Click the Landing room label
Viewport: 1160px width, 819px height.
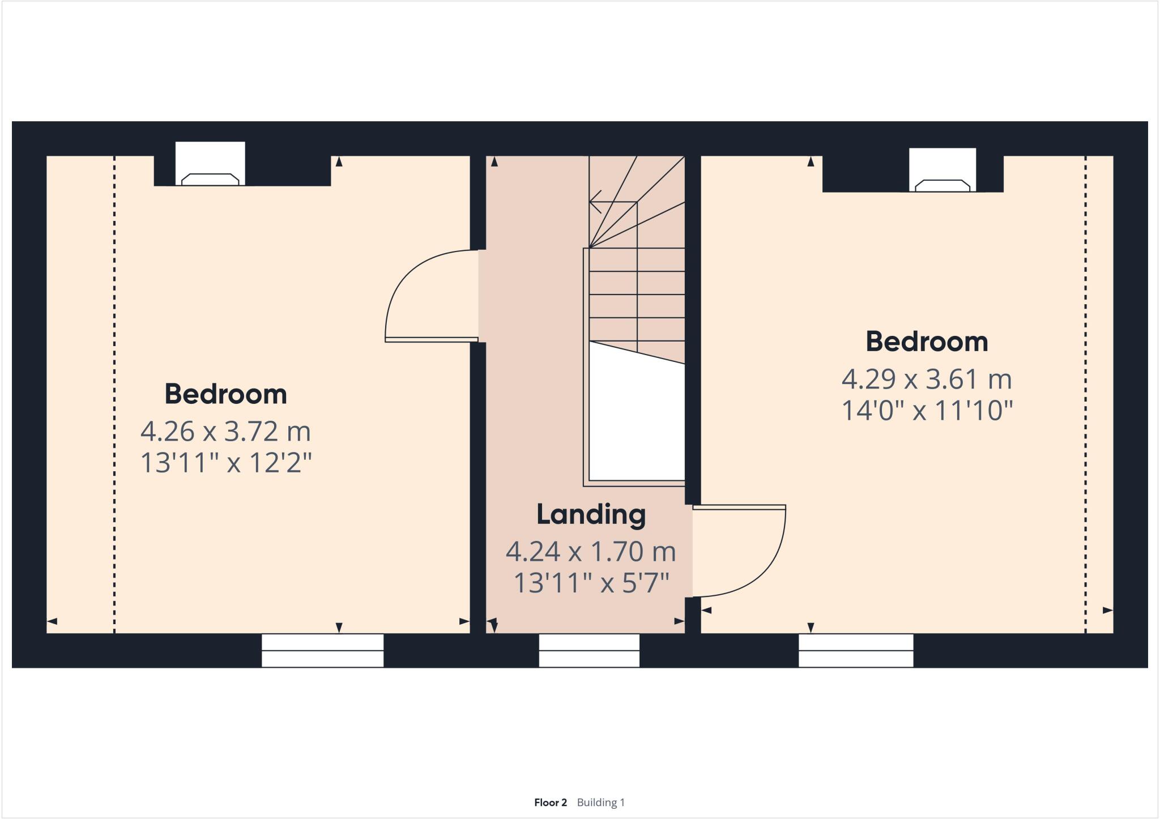click(x=591, y=514)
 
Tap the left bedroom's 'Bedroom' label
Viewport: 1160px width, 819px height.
click(x=225, y=394)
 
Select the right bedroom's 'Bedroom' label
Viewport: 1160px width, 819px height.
click(x=927, y=342)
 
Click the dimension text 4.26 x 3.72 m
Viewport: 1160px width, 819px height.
click(x=225, y=432)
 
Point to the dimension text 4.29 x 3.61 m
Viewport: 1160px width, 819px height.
click(x=927, y=379)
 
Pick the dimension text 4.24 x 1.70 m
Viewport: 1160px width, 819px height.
click(x=591, y=552)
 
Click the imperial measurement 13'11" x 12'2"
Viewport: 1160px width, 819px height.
click(x=225, y=463)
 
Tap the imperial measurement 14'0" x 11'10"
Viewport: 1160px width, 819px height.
click(x=927, y=411)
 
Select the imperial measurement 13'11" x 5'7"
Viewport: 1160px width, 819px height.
click(x=591, y=583)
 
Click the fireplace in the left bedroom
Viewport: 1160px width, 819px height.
click(x=210, y=179)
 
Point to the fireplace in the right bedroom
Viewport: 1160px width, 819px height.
click(x=942, y=185)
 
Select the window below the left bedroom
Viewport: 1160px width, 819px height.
click(x=322, y=650)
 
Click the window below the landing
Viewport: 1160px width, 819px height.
click(x=589, y=650)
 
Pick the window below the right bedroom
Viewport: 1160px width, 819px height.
click(x=856, y=650)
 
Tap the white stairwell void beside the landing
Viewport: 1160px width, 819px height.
click(x=637, y=419)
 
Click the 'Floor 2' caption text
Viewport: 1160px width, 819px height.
click(x=550, y=803)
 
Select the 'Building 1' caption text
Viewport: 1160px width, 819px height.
click(x=600, y=803)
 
